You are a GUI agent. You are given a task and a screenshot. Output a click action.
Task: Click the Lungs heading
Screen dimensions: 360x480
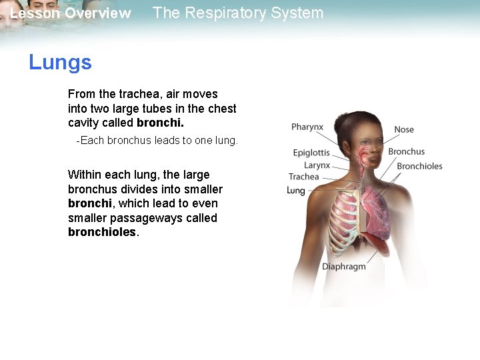pos(60,63)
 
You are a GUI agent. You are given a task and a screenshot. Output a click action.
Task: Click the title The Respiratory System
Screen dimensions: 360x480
pos(238,13)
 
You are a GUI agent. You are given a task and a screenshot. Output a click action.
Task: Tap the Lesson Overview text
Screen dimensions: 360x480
pos(71,13)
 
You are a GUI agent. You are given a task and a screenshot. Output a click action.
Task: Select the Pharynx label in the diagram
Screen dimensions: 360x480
pos(307,127)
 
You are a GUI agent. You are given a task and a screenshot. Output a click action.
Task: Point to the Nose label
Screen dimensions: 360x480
pos(404,129)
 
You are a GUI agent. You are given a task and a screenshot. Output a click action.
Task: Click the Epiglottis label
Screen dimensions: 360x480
pos(311,153)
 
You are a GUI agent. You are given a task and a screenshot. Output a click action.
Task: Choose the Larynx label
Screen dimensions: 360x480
pos(317,165)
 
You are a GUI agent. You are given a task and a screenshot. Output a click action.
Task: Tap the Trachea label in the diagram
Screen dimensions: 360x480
pos(304,177)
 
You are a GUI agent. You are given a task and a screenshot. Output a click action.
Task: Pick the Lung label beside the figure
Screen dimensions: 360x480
pos(295,191)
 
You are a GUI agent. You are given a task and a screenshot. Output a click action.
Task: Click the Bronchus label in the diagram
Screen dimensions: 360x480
pos(406,151)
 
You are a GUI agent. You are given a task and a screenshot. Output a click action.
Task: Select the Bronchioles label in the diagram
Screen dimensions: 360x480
pos(419,166)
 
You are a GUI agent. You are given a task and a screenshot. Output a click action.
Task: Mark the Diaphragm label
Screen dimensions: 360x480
pos(344,267)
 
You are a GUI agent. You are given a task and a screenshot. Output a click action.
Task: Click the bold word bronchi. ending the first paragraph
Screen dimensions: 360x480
pos(160,123)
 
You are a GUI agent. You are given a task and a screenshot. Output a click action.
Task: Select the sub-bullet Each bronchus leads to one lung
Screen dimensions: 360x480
pos(157,141)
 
